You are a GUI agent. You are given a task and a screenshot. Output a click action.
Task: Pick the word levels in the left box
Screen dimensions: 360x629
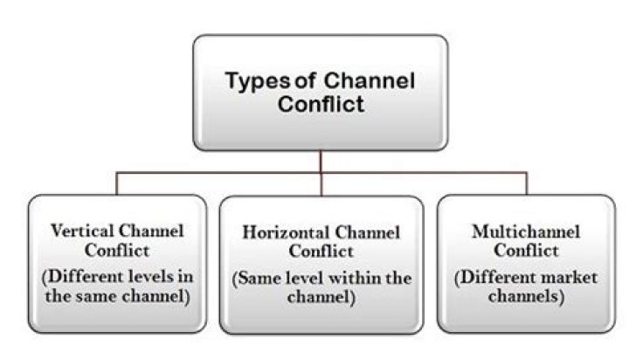click(146, 277)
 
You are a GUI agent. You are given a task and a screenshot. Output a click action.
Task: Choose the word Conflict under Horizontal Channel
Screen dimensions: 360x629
click(321, 252)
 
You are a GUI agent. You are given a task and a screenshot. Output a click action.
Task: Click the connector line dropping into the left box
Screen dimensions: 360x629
click(116, 183)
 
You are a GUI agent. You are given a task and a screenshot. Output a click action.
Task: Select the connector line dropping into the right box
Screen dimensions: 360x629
click(526, 183)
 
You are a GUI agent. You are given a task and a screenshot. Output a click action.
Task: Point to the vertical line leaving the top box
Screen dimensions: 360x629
click(321, 159)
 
